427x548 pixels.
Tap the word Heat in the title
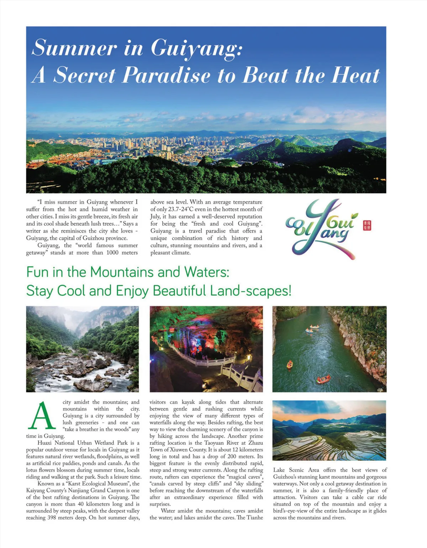click(x=356, y=75)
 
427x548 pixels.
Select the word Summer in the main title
click(x=74, y=48)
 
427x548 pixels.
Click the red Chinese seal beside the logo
click(x=367, y=225)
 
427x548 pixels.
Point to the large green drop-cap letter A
click(x=42, y=416)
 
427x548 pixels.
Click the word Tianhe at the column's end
click(x=255, y=518)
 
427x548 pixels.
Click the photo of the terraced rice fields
click(x=329, y=430)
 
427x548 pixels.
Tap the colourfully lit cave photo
click(x=206, y=349)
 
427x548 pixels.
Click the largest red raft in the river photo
click(x=323, y=379)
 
